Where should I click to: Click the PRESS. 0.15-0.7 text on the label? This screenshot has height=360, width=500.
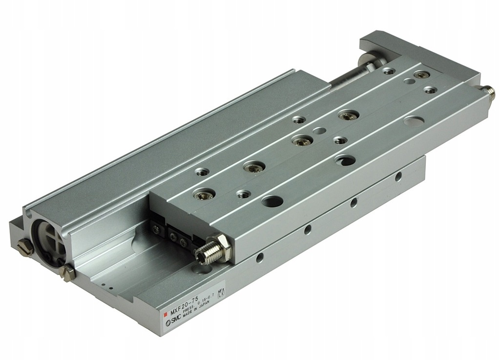coord(204,300)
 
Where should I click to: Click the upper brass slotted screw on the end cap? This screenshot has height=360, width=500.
coord(25,248)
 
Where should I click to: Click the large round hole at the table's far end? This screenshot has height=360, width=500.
coord(414,120)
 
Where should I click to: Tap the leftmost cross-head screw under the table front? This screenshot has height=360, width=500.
coord(157,229)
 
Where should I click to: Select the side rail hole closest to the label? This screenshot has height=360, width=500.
coord(260,257)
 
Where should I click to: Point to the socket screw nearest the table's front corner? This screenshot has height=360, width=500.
coord(202,195)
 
